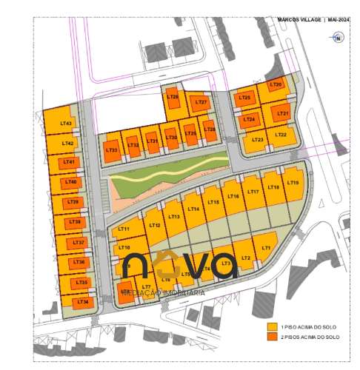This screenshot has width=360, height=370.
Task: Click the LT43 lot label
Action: [66, 124]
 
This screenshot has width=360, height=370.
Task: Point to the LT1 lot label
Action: [267, 249]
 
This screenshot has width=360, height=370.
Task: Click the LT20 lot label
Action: [277, 85]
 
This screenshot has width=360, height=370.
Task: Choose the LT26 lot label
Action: [190, 134]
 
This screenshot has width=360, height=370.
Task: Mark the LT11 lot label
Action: [124, 229]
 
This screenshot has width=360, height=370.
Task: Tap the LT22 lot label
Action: [280, 135]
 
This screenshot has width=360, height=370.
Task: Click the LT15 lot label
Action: [213, 202]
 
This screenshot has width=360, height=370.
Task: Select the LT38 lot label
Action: [74, 222]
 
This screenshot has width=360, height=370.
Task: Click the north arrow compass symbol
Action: [337, 38]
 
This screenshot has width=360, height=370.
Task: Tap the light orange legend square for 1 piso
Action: [272, 326]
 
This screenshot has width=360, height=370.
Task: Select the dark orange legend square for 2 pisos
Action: [272, 337]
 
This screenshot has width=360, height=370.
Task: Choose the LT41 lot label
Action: [70, 161]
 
